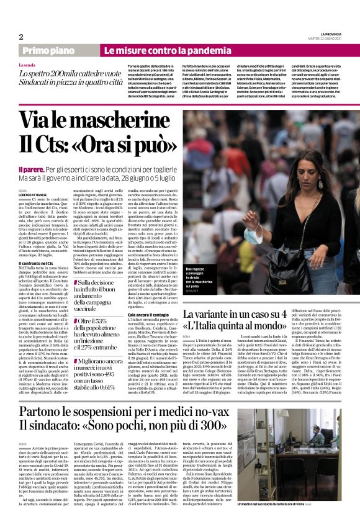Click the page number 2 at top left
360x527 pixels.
click(21, 37)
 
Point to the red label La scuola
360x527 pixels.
click(27, 65)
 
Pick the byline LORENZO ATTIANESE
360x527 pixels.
click(34, 194)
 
